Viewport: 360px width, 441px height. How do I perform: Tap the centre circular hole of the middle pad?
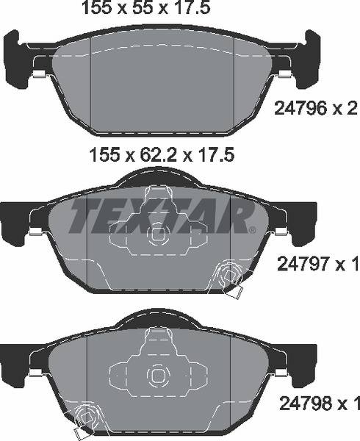coord(157,235)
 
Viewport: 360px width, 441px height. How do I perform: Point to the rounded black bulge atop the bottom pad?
coord(157,319)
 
